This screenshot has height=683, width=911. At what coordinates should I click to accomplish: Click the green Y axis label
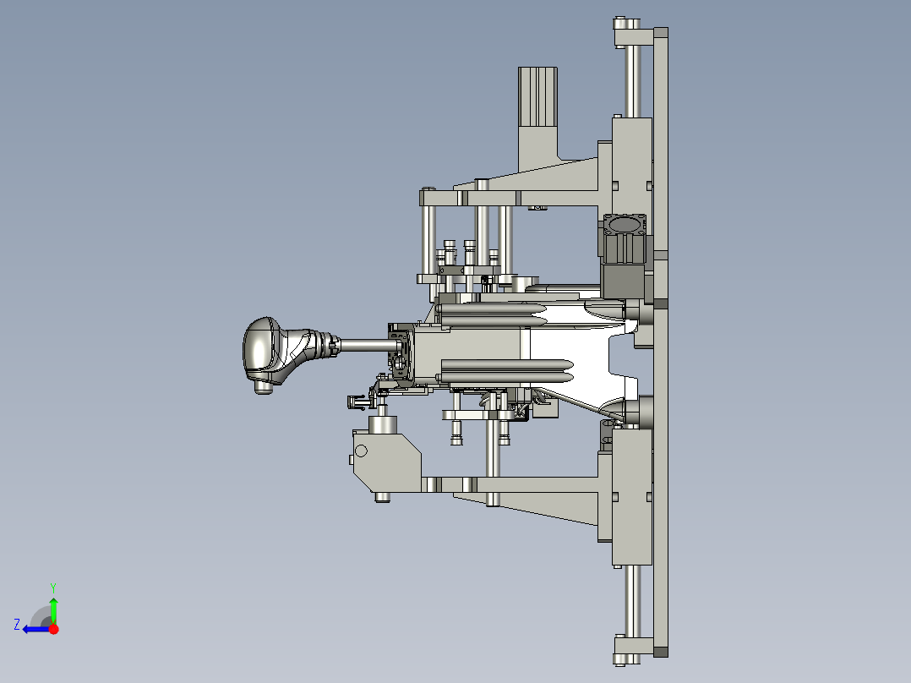(53, 587)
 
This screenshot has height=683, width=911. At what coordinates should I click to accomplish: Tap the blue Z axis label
(17, 625)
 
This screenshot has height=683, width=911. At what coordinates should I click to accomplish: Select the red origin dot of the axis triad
(54, 629)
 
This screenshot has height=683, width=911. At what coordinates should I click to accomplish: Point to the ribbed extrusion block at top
(538, 96)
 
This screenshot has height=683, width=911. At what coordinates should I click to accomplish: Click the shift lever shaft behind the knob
(366, 345)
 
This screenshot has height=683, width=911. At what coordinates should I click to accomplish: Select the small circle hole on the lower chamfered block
(361, 451)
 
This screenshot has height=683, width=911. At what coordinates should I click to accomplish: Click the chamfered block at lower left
(387, 462)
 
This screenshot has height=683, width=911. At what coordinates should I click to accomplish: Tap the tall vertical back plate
(661, 341)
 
